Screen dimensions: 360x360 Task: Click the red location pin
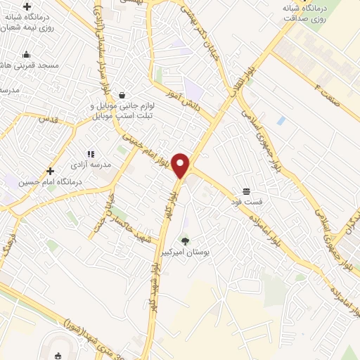pyautogui.click(x=181, y=165)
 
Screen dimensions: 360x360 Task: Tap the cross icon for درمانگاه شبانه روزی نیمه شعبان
pyautogui.click(x=27, y=7)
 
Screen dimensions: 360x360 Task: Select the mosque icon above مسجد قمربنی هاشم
pyautogui.click(x=27, y=54)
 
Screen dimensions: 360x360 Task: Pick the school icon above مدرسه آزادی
pyautogui.click(x=90, y=154)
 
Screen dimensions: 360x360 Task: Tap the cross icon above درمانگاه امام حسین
pyautogui.click(x=49, y=171)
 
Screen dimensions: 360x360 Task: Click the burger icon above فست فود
pyautogui.click(x=246, y=191)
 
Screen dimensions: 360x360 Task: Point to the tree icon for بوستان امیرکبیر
pyautogui.click(x=185, y=241)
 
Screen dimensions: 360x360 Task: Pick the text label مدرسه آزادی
pyautogui.click(x=86, y=165)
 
